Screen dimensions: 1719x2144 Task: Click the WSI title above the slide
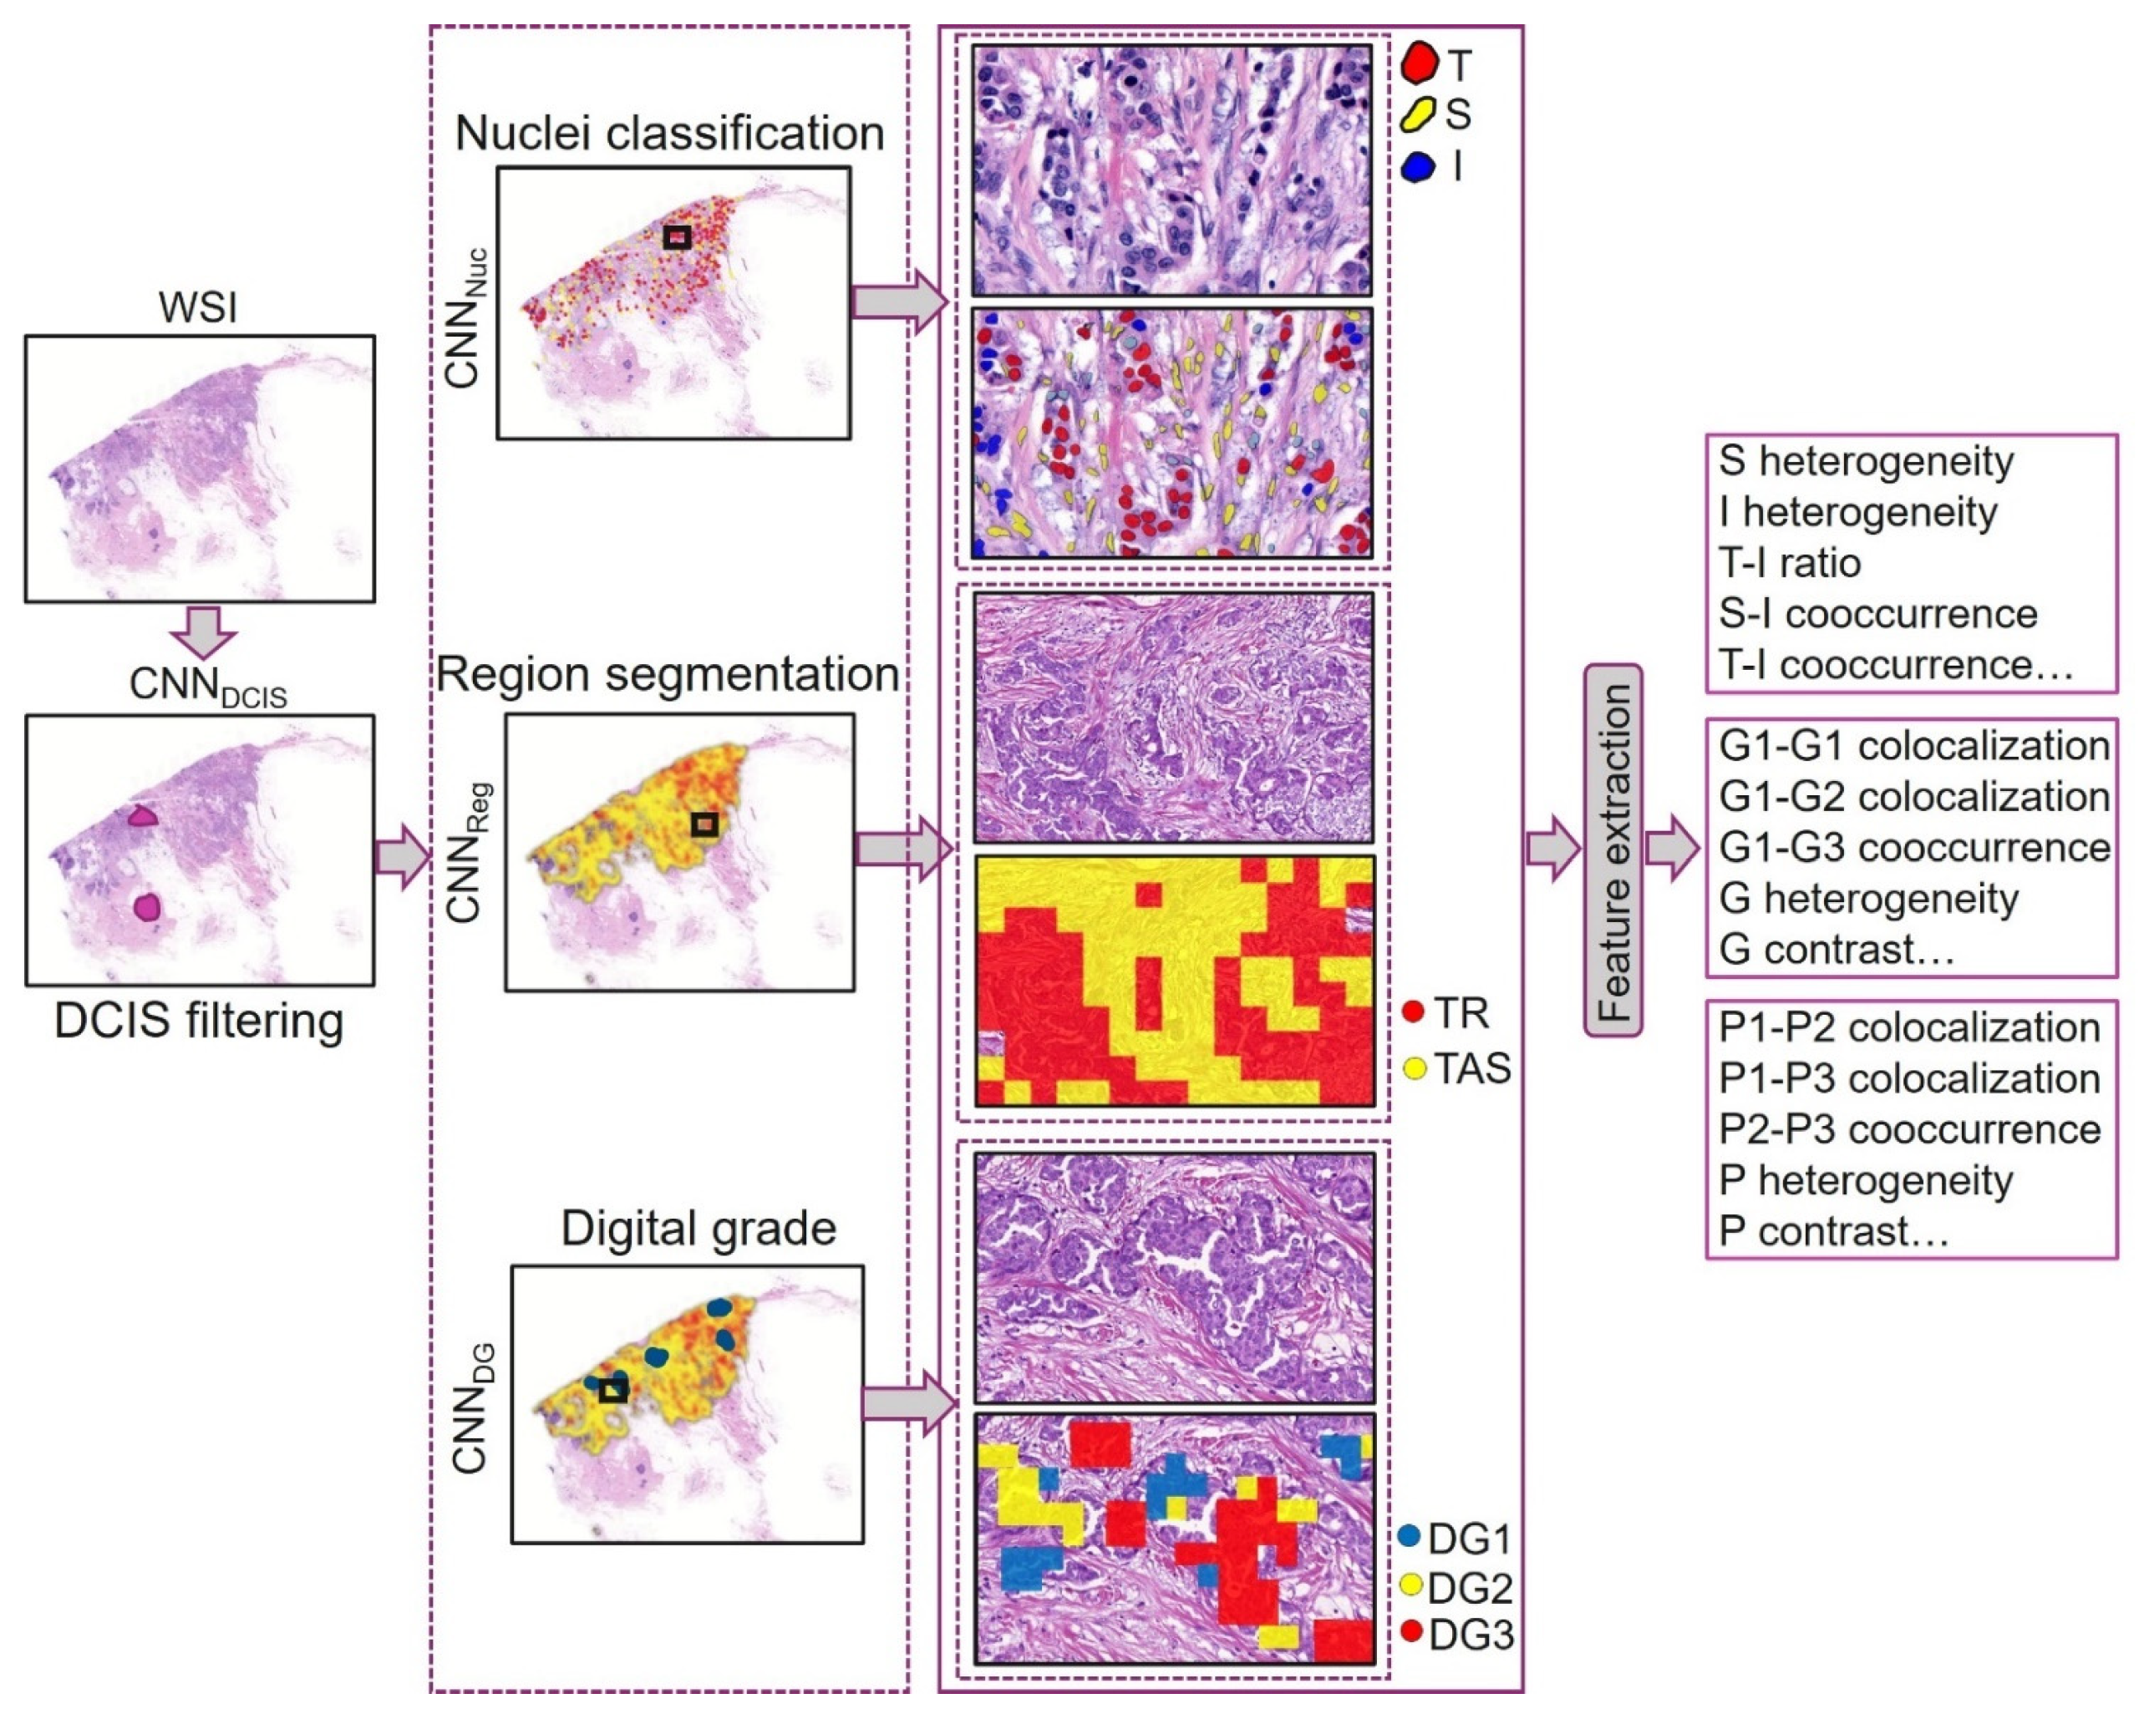click(198, 307)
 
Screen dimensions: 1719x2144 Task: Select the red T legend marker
click(1419, 63)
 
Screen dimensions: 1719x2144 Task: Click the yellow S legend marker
click(1416, 114)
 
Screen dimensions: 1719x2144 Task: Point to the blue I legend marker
click(1417, 166)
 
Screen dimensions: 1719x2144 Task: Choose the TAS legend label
click(1471, 1069)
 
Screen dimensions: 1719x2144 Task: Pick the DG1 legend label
click(1469, 1539)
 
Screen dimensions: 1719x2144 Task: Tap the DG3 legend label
click(1471, 1635)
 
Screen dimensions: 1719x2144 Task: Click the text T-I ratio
click(1790, 563)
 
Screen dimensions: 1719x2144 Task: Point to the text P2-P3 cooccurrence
click(1909, 1129)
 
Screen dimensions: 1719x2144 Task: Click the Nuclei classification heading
click(669, 133)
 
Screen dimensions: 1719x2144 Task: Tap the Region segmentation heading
click(668, 674)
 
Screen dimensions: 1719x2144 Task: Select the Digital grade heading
click(698, 1229)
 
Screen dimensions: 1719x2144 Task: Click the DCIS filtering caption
click(199, 1021)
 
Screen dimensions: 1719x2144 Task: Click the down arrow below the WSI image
click(203, 631)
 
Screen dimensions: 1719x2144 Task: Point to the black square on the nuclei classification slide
click(678, 236)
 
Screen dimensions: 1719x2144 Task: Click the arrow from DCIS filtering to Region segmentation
click(401, 856)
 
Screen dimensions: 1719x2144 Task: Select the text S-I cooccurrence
click(1877, 613)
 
